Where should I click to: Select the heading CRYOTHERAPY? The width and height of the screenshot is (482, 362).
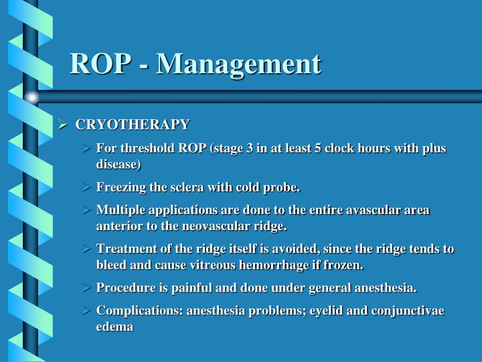(x=133, y=125)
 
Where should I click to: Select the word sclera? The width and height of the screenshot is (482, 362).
(x=193, y=186)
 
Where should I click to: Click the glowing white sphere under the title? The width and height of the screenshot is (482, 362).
(x=31, y=98)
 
